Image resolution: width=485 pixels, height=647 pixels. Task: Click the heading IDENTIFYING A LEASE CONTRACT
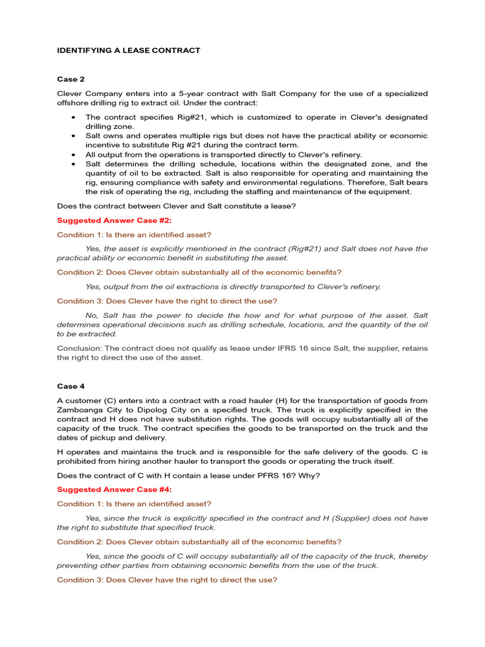[x=129, y=51]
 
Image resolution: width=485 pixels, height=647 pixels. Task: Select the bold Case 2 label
[x=71, y=80]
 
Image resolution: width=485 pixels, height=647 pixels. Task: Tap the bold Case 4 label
[x=71, y=386]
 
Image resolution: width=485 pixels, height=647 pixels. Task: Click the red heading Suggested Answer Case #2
[x=114, y=221]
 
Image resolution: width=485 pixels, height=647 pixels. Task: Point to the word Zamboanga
[x=79, y=409]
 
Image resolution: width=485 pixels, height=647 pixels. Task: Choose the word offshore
[x=75, y=103]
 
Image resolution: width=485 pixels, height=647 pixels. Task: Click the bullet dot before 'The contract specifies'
[x=75, y=118]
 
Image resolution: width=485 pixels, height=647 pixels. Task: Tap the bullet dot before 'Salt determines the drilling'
[x=75, y=164]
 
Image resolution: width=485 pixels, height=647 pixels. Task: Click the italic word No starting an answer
[x=91, y=315]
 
